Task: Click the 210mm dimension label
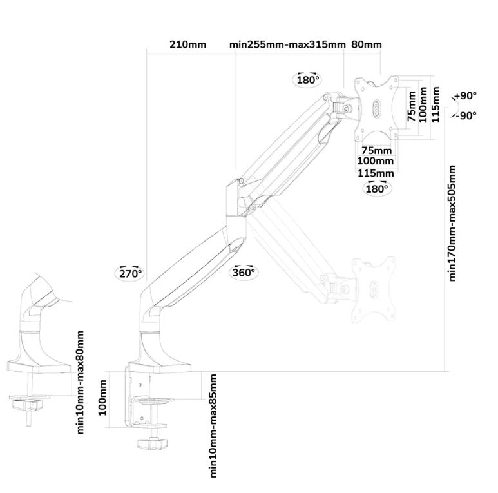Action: point(187,45)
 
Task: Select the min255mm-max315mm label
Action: point(287,45)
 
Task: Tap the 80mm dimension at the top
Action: point(367,45)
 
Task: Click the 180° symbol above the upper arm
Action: point(308,80)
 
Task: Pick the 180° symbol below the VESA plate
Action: point(377,188)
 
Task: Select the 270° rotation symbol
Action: point(130,273)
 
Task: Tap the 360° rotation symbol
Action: point(245,271)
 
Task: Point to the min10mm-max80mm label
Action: point(81,382)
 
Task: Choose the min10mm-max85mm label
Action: point(213,425)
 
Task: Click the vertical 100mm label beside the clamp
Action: point(103,398)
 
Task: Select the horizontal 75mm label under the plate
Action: point(376,150)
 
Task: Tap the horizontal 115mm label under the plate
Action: point(376,173)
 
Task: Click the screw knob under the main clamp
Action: point(153,443)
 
